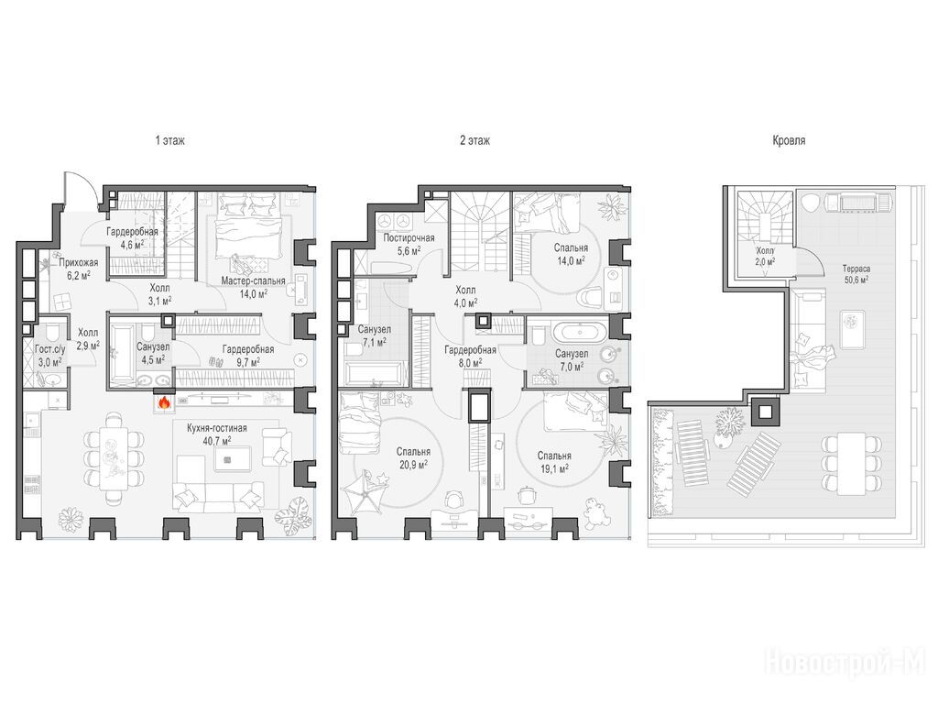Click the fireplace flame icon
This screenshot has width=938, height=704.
pyautogui.click(x=164, y=401)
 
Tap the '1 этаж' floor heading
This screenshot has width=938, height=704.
pyautogui.click(x=169, y=140)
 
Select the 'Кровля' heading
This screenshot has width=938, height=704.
pyautogui.click(x=789, y=140)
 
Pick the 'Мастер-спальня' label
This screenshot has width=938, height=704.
pyautogui.click(x=253, y=280)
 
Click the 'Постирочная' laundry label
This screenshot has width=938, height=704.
pyautogui.click(x=409, y=237)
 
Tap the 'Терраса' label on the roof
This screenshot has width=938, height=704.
pyautogui.click(x=848, y=269)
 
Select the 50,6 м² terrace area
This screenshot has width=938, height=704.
pyautogui.click(x=849, y=279)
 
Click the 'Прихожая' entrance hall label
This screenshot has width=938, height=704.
pyautogui.click(x=79, y=262)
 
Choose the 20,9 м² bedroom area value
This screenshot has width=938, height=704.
pyautogui.click(x=413, y=463)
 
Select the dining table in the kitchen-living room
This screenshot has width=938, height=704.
pyautogui.click(x=113, y=458)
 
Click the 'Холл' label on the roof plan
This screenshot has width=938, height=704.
pyautogui.click(x=765, y=251)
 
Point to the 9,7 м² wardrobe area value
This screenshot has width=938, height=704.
pyautogui.click(x=248, y=361)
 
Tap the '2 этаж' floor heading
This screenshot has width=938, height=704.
pyautogui.click(x=475, y=140)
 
